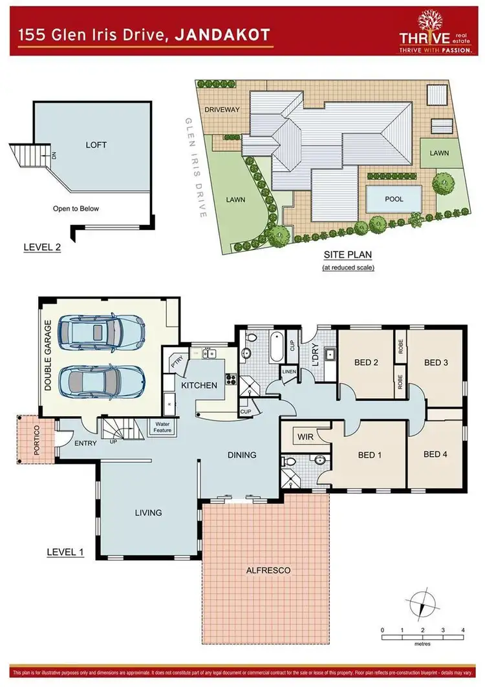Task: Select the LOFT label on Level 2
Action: (96, 145)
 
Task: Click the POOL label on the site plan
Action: (394, 199)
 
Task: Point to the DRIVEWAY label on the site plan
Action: (222, 110)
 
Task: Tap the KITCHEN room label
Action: (199, 385)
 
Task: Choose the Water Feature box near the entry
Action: (162, 427)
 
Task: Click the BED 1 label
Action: (371, 454)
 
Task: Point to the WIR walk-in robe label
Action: (305, 437)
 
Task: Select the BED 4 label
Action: (436, 454)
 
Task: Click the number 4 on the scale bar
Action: (462, 629)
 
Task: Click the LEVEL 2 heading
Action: (42, 247)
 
